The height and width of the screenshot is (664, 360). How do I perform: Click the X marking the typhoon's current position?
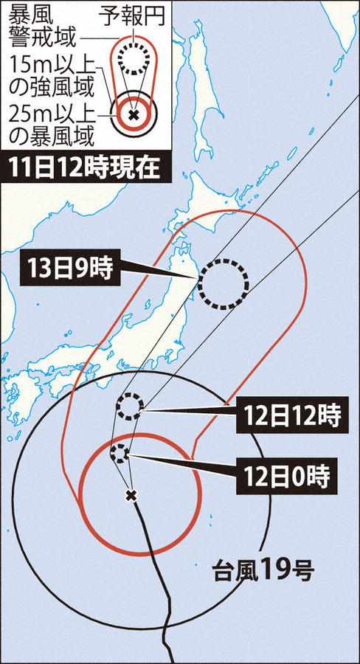pyautogui.click(x=131, y=495)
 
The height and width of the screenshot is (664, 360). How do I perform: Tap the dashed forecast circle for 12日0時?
pyautogui.click(x=120, y=453)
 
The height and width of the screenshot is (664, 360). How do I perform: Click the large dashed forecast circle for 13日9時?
pyautogui.click(x=223, y=284)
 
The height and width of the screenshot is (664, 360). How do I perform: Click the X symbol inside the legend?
pyautogui.click(x=133, y=115)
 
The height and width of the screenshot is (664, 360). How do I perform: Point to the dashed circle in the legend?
pyautogui.click(x=133, y=60)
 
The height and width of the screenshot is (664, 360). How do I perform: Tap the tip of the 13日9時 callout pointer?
pyautogui.click(x=198, y=277)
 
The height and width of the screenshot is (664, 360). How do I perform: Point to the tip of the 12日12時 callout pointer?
pyautogui.click(x=141, y=409)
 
